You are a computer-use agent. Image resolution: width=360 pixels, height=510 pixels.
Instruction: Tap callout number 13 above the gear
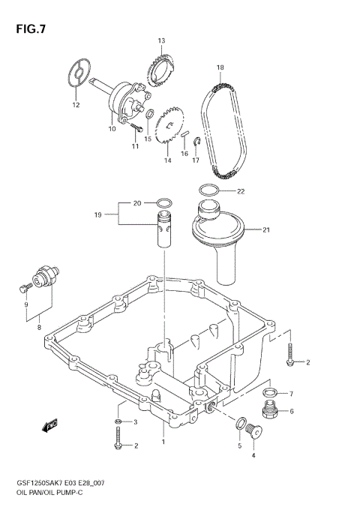(x=160, y=40)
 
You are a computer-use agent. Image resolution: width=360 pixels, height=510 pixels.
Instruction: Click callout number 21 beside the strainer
(x=265, y=230)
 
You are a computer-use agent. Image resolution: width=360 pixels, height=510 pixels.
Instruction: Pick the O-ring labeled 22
(x=211, y=190)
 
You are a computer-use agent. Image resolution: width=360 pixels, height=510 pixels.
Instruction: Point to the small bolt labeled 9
(x=23, y=285)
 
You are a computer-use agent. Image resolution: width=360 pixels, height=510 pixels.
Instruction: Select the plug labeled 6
(x=268, y=409)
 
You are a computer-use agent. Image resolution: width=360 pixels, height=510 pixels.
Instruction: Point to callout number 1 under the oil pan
(x=163, y=442)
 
